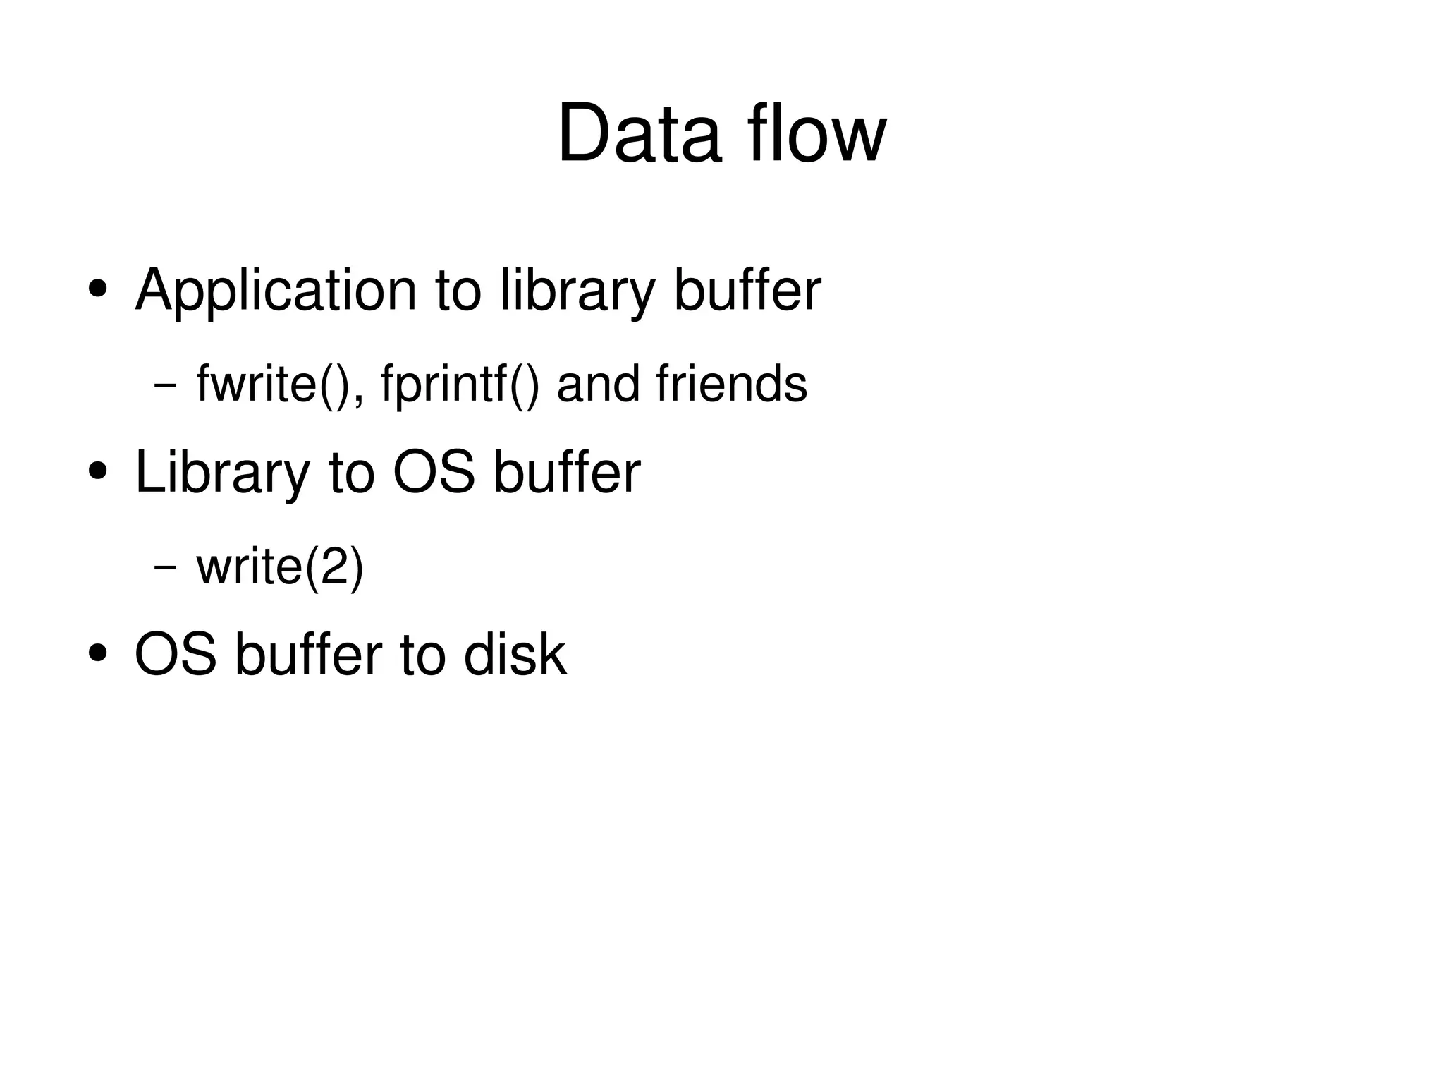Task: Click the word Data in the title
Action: tap(639, 134)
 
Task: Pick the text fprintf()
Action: tap(460, 385)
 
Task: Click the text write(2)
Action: tap(280, 567)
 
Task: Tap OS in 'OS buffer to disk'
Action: tap(176, 654)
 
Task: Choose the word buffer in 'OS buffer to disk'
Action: tap(307, 654)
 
